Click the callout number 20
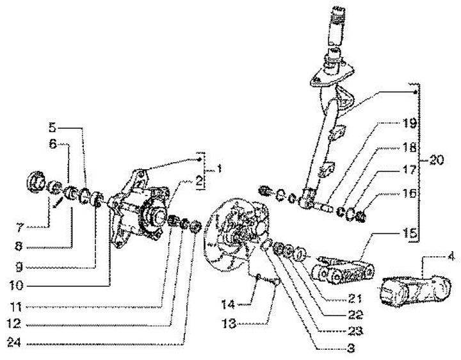[436, 160]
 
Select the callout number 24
[14, 342]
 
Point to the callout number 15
[410, 233]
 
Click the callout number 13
[229, 324]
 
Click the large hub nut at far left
[36, 183]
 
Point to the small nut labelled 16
[360, 217]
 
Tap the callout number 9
[19, 267]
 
